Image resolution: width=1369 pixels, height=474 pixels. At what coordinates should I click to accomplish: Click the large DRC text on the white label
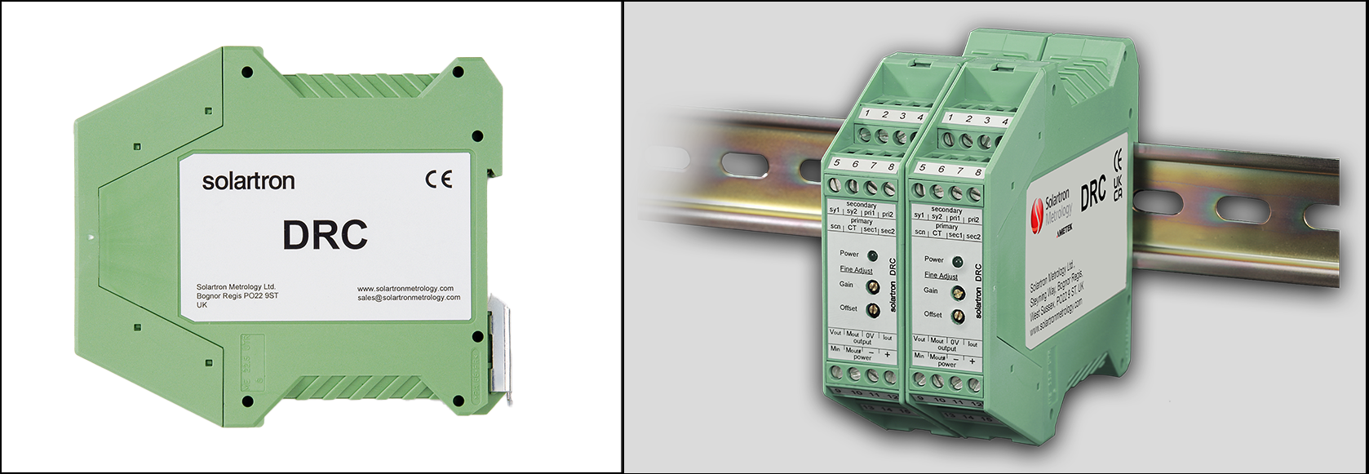coord(325,236)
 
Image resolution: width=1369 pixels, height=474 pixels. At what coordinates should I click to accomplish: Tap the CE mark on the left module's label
coord(438,180)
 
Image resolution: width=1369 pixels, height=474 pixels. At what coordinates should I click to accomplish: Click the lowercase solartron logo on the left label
coord(248,181)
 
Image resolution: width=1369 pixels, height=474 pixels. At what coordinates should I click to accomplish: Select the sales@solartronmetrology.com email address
coord(409,298)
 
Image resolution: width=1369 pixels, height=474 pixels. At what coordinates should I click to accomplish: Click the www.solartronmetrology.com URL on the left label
coord(405,288)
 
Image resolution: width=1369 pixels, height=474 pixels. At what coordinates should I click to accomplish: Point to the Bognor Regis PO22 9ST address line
coord(237,296)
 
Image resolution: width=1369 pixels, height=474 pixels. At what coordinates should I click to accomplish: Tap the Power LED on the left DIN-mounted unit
coord(872,255)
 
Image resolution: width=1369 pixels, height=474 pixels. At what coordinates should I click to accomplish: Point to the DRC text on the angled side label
coord(1092,193)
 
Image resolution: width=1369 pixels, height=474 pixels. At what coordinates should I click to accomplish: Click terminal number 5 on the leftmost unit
coord(836,163)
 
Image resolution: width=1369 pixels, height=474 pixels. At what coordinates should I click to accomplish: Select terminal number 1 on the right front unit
coord(950,119)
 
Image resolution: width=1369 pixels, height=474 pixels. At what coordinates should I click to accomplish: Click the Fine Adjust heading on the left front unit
coord(856,269)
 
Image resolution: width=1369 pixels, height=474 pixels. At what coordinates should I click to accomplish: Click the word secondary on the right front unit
coord(946,210)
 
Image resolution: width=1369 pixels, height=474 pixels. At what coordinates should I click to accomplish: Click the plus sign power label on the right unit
coord(972,361)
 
